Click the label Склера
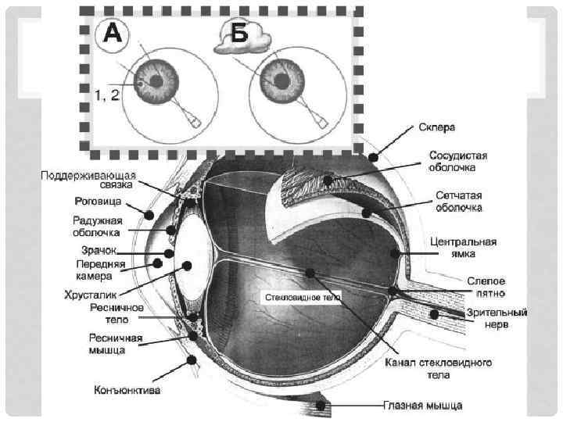pos(437,127)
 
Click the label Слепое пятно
pos(486,286)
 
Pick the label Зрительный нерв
pos(497,318)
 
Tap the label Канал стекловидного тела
pos(438,369)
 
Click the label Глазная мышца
pos(422,406)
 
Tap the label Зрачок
pos(99,250)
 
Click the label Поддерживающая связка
pos(88,180)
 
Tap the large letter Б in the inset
pos(235,34)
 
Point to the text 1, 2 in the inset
pos(106,95)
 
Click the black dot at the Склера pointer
pos(375,157)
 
